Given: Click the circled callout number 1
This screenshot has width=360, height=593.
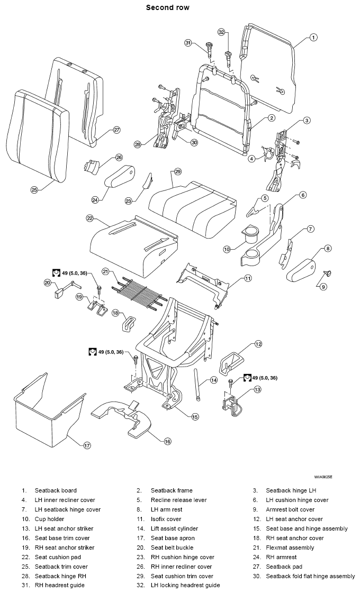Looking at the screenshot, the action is point(313,38).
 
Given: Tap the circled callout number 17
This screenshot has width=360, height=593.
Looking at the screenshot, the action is point(87,445).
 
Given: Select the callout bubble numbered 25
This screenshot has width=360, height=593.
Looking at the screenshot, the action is point(34,190).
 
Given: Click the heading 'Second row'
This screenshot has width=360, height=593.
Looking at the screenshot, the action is point(168,7).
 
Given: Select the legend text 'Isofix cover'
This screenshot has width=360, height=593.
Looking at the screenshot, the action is point(166,519).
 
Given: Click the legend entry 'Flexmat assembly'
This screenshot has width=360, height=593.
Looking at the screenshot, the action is point(290,548).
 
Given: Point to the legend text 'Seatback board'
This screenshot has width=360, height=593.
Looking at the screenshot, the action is point(56,490).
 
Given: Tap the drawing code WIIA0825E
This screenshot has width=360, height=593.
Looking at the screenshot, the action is point(323,477).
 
